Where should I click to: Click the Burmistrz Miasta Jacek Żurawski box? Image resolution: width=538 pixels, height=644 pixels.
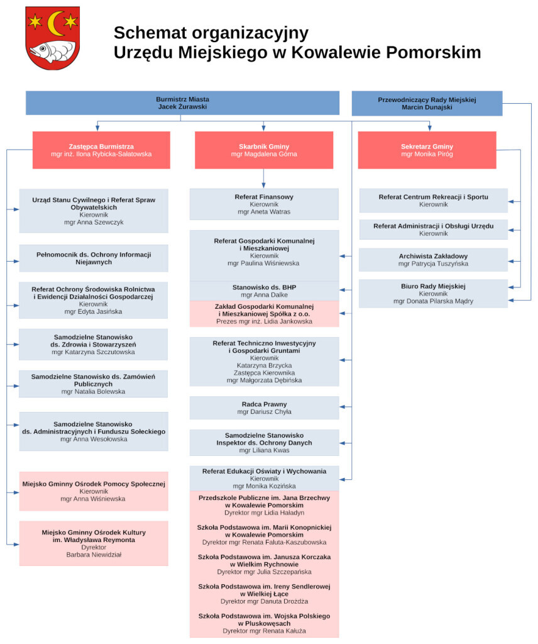182,103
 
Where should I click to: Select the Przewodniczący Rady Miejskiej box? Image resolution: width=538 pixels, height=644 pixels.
427,103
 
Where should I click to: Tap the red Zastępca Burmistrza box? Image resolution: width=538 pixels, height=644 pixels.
101,150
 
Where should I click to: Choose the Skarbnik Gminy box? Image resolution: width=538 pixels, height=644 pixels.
264,150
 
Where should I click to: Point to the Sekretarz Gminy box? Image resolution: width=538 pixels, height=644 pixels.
427,150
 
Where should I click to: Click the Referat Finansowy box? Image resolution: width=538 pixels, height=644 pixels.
264,204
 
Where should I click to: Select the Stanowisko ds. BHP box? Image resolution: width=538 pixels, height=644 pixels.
264,291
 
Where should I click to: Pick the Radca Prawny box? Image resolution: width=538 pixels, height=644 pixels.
264,408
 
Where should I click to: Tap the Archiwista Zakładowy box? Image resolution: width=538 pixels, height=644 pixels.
433,260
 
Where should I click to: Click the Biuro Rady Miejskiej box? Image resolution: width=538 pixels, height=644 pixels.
433,293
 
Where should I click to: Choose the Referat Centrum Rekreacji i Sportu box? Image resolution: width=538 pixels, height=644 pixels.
433,201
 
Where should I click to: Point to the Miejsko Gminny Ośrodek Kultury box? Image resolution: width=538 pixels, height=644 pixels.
93,543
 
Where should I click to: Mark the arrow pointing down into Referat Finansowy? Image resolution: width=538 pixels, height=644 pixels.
263,184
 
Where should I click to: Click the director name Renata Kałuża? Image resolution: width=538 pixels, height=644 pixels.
281,630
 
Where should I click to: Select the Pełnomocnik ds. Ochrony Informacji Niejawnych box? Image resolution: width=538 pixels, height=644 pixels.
93,258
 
